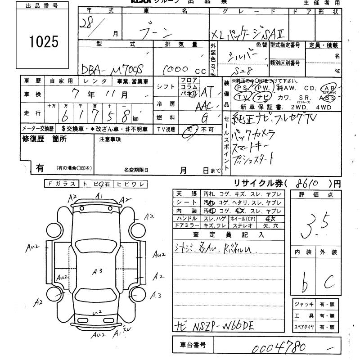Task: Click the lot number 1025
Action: [x=44, y=41]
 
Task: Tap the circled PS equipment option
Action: [x=242, y=87]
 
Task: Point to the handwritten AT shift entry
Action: [x=207, y=91]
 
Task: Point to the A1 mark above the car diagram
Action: [x=100, y=196]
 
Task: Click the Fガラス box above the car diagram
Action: [x=60, y=184]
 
